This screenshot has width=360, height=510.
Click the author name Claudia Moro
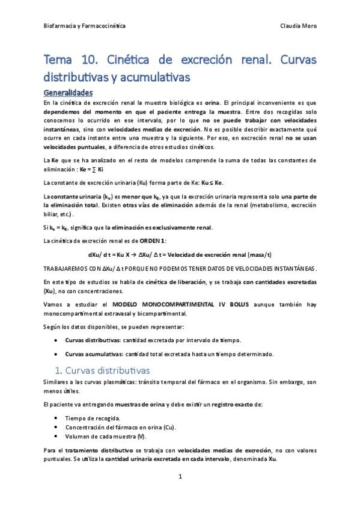[x=298, y=26]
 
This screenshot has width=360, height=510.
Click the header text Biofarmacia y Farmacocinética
[x=85, y=26]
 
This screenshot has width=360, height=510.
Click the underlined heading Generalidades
[x=68, y=93]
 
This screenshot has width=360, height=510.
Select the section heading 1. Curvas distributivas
[x=103, y=369]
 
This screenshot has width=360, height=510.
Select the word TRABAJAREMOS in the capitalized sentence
[x=66, y=268]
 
